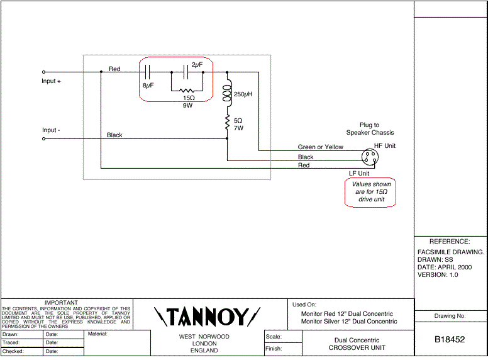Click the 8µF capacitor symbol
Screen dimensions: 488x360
(x=148, y=72)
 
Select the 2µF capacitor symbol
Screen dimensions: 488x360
(x=186, y=72)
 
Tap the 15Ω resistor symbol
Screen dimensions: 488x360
(x=187, y=91)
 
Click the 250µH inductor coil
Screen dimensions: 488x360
(x=228, y=90)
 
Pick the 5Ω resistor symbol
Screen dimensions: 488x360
(x=227, y=123)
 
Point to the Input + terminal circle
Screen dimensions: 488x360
(x=43, y=72)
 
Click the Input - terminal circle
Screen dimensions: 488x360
(x=43, y=138)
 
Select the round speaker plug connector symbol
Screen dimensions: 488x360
(x=370, y=157)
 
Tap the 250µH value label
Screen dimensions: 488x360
(x=243, y=94)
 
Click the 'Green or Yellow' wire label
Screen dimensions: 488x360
(x=321, y=147)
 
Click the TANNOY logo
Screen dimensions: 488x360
(x=207, y=317)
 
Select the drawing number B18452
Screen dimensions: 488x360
(x=450, y=339)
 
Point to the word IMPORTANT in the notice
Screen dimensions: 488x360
(x=61, y=302)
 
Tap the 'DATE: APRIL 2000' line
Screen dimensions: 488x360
(x=445, y=267)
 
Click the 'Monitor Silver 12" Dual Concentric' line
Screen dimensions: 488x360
(x=349, y=322)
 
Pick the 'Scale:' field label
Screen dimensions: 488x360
(x=274, y=337)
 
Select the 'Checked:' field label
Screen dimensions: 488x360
(x=13, y=351)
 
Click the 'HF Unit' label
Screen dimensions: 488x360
(x=385, y=146)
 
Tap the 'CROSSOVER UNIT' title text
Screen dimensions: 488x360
(x=357, y=347)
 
